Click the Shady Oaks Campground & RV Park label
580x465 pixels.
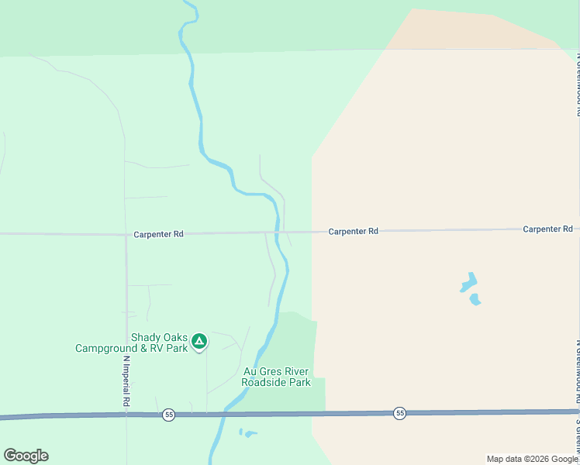(x=132, y=343)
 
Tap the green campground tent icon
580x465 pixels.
(x=199, y=341)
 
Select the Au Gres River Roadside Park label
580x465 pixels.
(x=276, y=377)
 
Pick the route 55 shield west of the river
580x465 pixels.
(x=169, y=415)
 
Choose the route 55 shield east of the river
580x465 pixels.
(x=399, y=413)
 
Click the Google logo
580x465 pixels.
(x=26, y=456)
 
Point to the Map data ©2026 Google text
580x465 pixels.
(x=532, y=459)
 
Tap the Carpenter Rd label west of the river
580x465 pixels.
(x=158, y=233)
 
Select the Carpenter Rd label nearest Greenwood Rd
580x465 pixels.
(x=547, y=229)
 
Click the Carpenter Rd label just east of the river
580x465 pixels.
(x=353, y=231)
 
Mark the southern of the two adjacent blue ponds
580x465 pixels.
(x=475, y=299)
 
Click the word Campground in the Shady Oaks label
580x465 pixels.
(x=103, y=348)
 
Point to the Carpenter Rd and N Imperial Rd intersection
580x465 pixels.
(x=126, y=233)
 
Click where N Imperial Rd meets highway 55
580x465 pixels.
(x=126, y=415)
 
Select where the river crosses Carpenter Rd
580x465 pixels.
(x=278, y=232)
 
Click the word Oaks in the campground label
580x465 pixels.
(x=177, y=337)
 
